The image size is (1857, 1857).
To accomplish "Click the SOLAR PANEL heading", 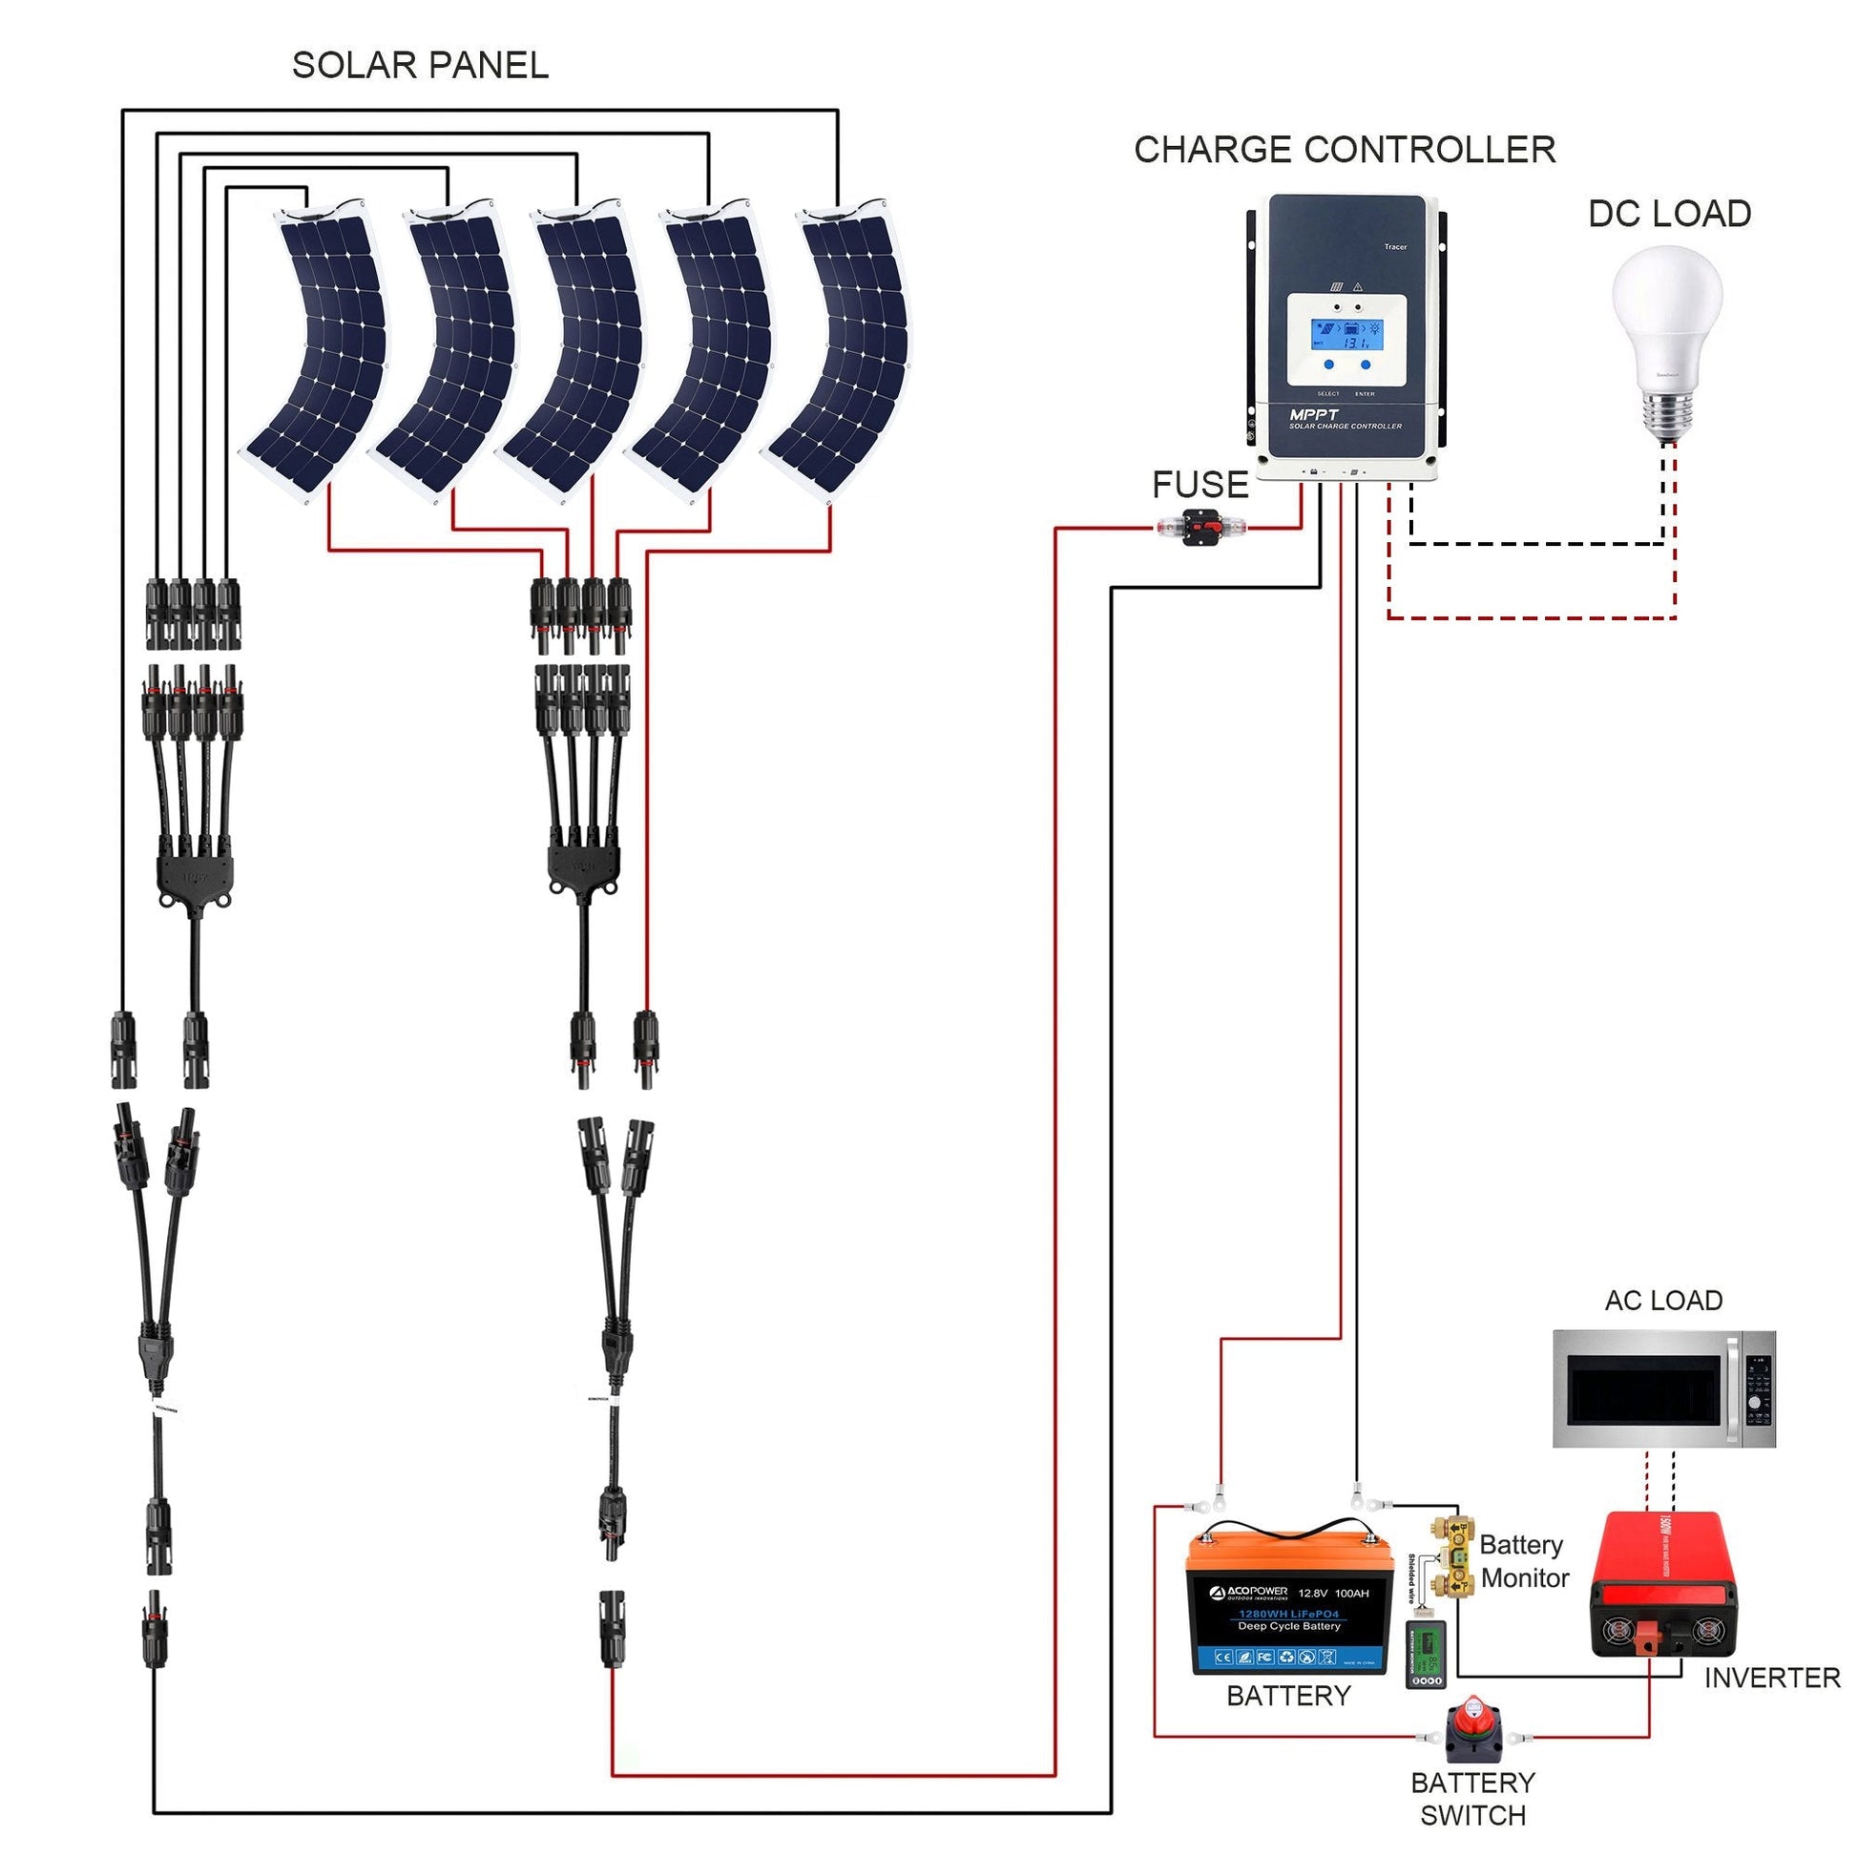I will [420, 65].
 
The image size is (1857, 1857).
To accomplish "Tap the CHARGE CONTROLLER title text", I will [1344, 150].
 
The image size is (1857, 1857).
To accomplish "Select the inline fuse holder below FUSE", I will [1201, 527].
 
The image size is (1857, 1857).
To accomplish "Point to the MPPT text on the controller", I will [1313, 414].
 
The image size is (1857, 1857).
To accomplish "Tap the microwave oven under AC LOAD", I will [1664, 1388].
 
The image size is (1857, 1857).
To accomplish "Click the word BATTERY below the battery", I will [1288, 1696].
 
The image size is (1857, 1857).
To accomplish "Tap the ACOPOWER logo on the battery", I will [1248, 1593].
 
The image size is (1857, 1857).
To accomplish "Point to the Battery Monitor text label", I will [1523, 1562].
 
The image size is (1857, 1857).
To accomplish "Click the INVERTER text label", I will [1770, 1678].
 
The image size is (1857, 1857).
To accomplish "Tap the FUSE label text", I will [1200, 486].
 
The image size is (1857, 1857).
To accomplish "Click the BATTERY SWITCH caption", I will [1472, 1799].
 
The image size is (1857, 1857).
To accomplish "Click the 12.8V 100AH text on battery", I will [1333, 1593].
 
